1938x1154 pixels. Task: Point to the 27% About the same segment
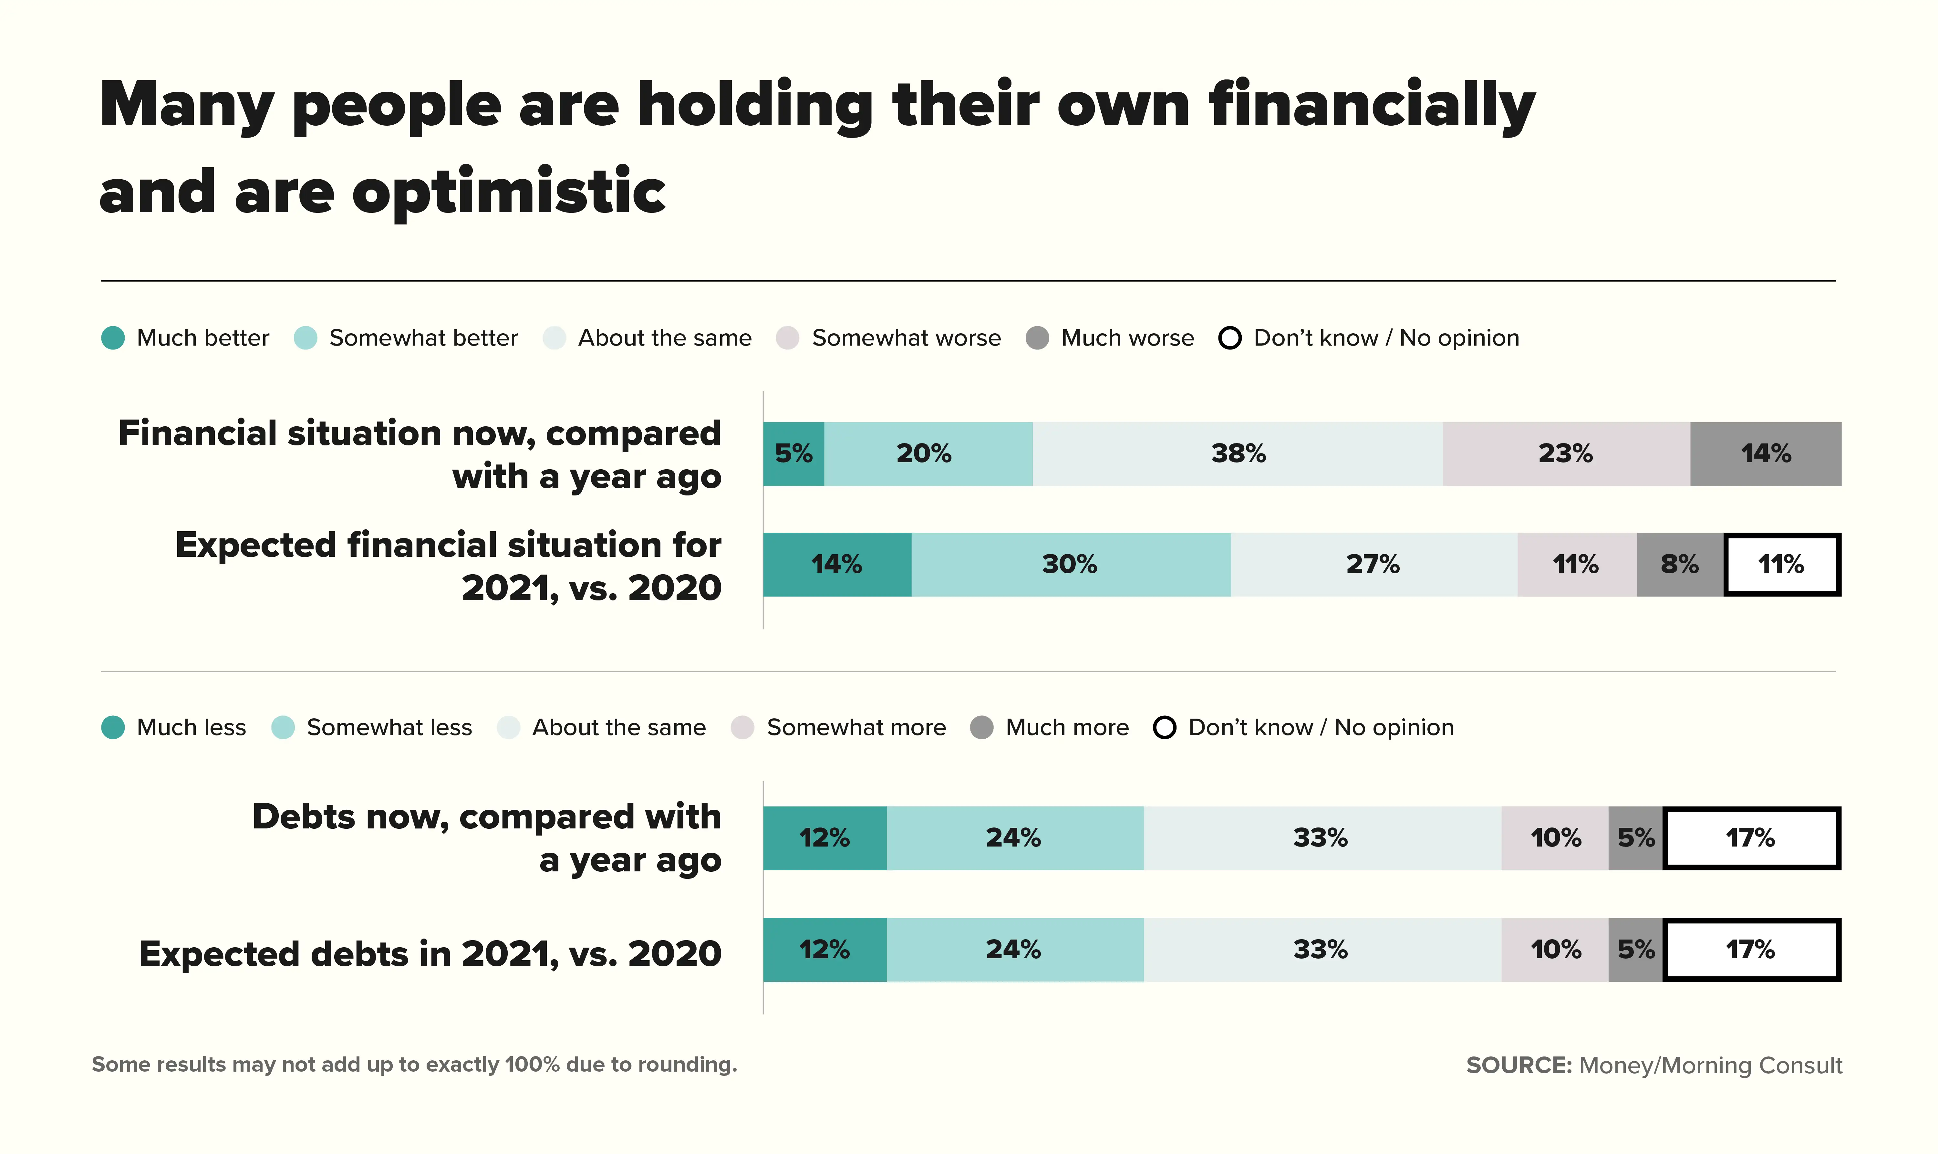click(1373, 565)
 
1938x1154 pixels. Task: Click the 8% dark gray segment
click(1679, 565)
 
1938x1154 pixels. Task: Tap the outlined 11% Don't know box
click(1781, 565)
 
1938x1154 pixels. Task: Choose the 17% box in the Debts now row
click(1751, 838)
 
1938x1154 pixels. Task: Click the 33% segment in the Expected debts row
click(1321, 950)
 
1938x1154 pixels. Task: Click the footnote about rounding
click(414, 1065)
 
